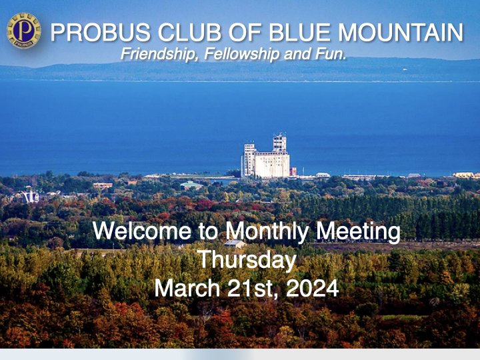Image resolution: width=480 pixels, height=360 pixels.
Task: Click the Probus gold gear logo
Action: tap(24, 31)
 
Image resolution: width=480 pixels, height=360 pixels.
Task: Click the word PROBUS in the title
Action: tap(101, 33)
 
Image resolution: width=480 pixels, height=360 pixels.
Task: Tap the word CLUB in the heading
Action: tap(189, 33)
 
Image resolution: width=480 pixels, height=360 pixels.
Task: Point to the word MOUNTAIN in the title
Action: tap(401, 33)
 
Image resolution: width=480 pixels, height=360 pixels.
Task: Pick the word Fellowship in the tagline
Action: tap(242, 55)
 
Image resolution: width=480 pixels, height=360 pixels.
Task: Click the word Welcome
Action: tap(142, 231)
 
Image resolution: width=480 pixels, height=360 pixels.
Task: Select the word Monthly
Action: tap(267, 232)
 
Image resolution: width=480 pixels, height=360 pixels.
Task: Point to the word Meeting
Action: tap(358, 232)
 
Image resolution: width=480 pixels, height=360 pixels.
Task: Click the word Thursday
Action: tap(247, 260)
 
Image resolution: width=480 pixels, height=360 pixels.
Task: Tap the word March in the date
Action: tap(187, 288)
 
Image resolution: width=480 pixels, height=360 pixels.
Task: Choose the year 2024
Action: tap(312, 288)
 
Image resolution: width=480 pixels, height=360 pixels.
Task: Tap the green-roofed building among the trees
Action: tap(191, 185)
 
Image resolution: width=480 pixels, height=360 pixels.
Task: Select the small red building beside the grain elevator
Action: tap(293, 171)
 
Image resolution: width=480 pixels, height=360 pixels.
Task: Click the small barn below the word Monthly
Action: tap(235, 244)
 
